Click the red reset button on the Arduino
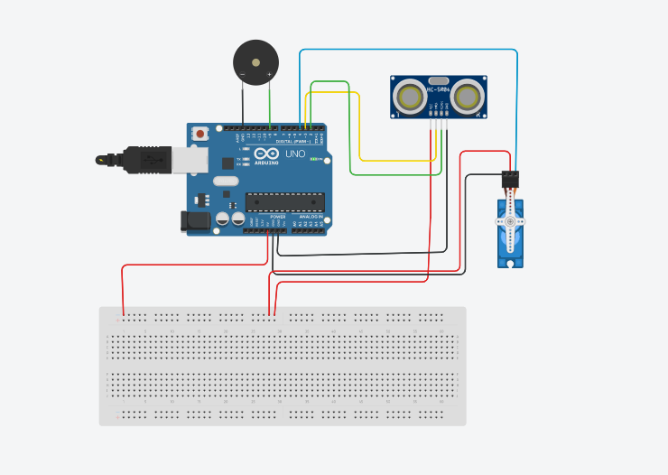(199, 134)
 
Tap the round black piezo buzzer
(255, 62)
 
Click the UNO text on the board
(295, 154)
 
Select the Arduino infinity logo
(266, 154)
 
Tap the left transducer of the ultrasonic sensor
(411, 97)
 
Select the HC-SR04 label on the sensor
(439, 89)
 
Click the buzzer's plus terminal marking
(269, 74)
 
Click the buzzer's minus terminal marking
(242, 74)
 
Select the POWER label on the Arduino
(278, 217)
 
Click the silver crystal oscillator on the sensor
(439, 80)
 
